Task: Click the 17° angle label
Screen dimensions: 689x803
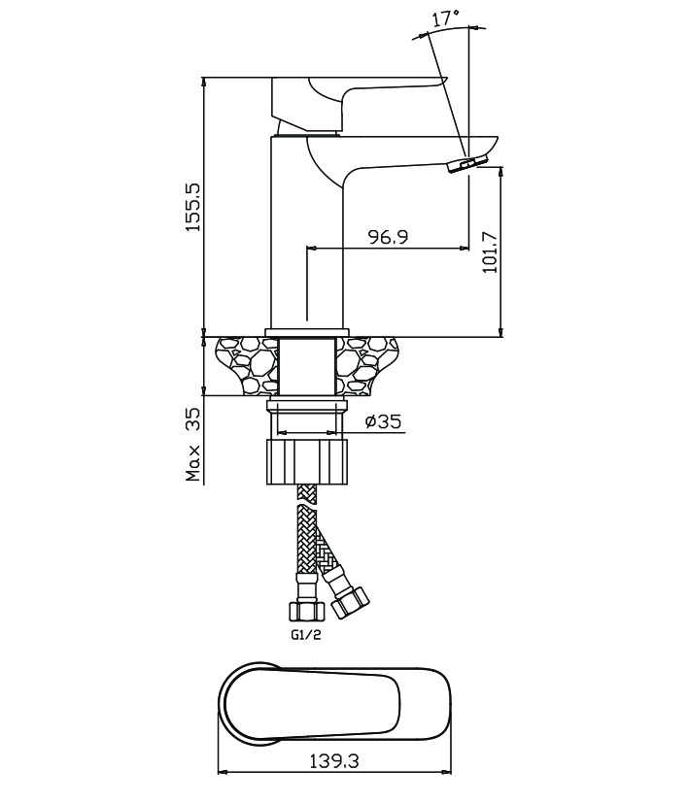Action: click(x=445, y=17)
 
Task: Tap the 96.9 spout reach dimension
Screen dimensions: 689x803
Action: click(x=388, y=237)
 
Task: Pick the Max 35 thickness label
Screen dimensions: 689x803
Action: click(x=193, y=444)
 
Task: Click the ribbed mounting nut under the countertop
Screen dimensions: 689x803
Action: click(x=305, y=461)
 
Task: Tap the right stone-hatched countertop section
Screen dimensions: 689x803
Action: click(x=367, y=364)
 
